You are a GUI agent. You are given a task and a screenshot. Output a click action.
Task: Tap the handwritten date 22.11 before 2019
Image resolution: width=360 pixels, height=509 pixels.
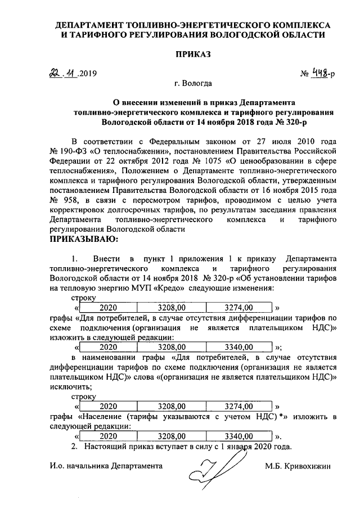[x=62, y=74]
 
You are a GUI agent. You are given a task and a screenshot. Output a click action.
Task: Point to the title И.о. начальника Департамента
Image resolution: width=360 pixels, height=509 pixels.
[x=106, y=466]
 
